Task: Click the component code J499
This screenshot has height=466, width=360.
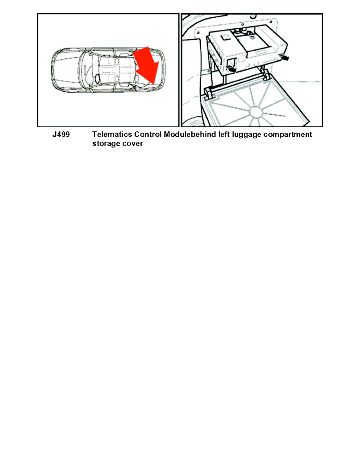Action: click(61, 135)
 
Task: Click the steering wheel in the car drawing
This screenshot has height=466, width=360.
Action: click(95, 78)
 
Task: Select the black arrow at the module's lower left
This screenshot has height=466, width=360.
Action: click(232, 69)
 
